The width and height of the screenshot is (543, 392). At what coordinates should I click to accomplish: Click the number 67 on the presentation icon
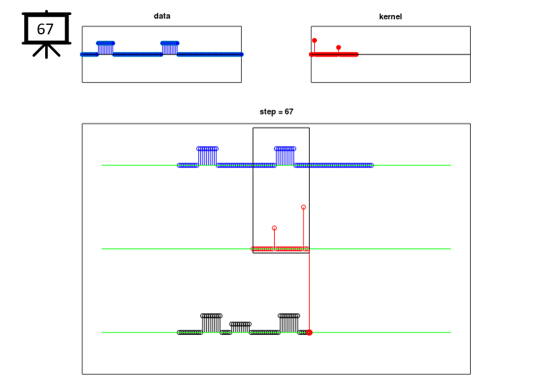click(45, 29)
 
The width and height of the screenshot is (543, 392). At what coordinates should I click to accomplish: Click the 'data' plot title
click(162, 16)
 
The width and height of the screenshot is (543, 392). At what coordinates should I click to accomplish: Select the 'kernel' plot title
click(391, 16)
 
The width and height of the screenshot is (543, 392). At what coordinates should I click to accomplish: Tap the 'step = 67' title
click(276, 112)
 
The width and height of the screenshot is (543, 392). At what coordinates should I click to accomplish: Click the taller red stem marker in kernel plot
click(315, 41)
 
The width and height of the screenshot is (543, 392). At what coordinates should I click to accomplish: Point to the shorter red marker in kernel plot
click(338, 47)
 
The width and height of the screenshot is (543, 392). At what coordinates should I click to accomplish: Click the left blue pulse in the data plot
click(106, 48)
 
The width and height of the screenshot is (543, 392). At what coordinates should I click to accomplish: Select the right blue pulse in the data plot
click(170, 48)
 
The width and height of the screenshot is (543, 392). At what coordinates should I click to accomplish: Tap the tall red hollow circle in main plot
click(303, 207)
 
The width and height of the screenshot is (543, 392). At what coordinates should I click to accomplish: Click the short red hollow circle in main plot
click(274, 228)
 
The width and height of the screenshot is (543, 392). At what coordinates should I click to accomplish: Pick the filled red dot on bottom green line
click(310, 333)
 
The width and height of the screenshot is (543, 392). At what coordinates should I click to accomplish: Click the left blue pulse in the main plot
click(207, 156)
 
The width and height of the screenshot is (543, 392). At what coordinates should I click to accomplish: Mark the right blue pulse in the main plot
click(285, 156)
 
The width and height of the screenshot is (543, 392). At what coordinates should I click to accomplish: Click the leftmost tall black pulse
click(211, 323)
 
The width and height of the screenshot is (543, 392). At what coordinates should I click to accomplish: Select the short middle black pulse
click(240, 328)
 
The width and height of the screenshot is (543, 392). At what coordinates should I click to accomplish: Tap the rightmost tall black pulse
click(289, 323)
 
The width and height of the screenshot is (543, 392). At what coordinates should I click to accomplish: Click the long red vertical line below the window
click(309, 292)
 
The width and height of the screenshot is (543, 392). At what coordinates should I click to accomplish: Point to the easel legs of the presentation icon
click(47, 51)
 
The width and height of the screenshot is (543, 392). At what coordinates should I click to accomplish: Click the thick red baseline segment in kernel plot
click(334, 54)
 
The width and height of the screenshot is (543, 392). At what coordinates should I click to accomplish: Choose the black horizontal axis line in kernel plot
click(414, 54)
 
